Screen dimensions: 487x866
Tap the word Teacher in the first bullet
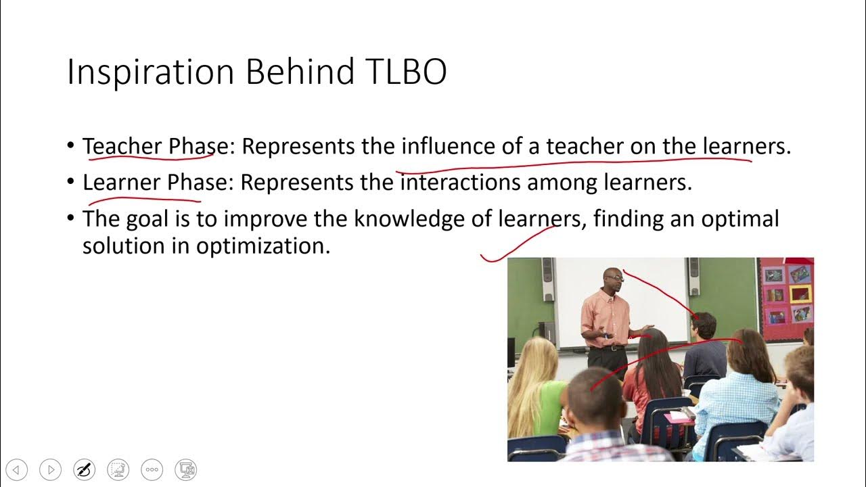122,146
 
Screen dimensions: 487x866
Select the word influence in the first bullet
449,146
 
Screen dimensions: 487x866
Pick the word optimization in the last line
263,246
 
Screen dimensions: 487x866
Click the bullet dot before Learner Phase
72,183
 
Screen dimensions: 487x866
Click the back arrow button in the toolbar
17,469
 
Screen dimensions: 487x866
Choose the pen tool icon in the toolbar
85,469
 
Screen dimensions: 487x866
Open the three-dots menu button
152,469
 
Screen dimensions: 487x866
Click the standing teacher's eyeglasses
614,277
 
